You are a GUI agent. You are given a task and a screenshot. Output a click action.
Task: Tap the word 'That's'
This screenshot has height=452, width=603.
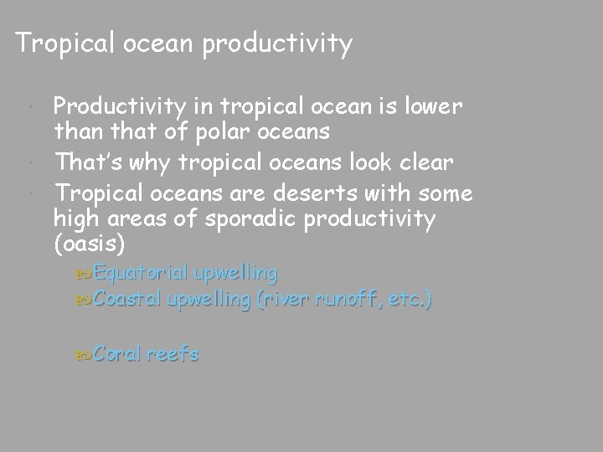[x=85, y=161]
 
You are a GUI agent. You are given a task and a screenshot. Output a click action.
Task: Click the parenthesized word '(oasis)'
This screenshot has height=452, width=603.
[x=89, y=247]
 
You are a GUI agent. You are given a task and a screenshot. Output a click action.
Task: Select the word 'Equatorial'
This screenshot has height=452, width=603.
[x=141, y=274]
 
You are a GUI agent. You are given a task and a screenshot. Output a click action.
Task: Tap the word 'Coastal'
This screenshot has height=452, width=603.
[x=129, y=299]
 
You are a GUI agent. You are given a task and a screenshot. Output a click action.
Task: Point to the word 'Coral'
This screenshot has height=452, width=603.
[x=118, y=354]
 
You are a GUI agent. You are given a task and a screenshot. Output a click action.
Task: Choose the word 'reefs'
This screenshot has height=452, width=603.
[x=173, y=354]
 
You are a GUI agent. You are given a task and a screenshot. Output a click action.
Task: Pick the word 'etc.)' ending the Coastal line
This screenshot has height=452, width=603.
[x=412, y=299]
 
